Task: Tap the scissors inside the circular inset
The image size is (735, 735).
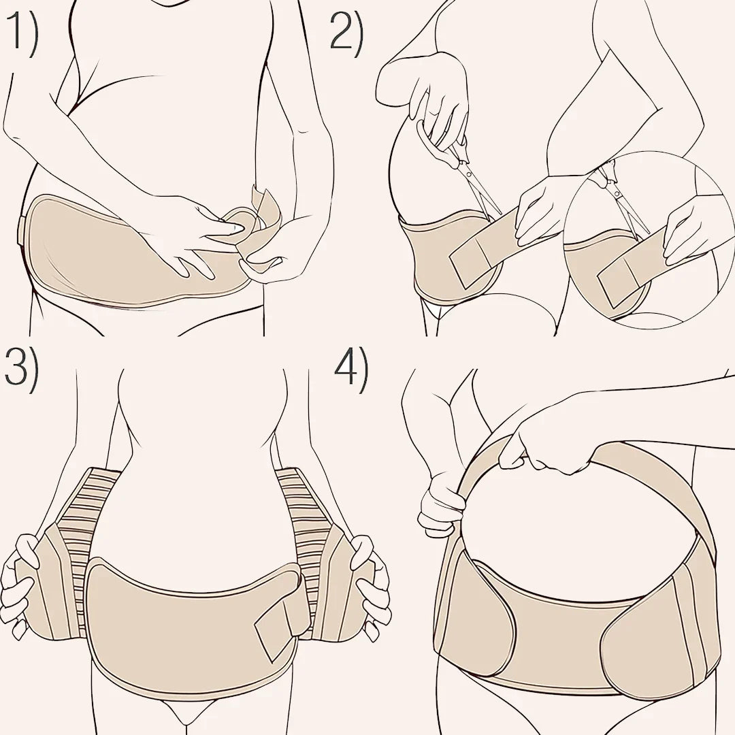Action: [621, 197]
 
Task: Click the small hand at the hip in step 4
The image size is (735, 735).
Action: [438, 504]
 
